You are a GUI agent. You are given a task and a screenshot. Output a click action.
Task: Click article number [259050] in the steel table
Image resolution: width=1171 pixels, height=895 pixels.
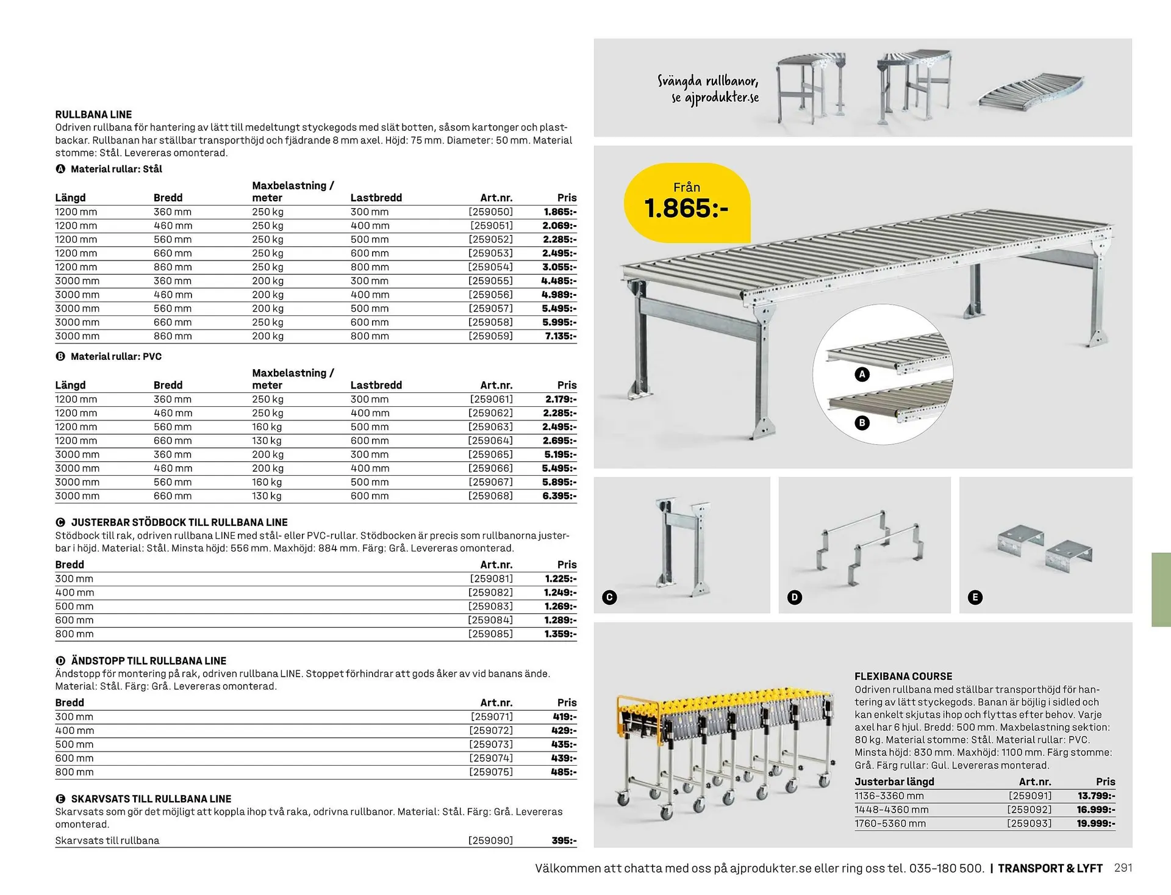tap(490, 212)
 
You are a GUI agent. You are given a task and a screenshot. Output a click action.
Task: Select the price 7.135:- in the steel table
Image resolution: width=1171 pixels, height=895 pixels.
tap(560, 336)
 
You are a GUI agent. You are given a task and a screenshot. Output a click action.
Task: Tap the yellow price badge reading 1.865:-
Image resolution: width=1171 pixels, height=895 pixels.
tap(686, 202)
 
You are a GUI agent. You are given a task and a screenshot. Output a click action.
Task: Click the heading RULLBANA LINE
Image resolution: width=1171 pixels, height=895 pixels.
tap(93, 115)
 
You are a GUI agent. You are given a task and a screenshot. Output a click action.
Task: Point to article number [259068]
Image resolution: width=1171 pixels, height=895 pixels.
tap(490, 496)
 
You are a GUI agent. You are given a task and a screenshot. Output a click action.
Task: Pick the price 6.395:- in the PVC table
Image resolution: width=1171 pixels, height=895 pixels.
tap(559, 496)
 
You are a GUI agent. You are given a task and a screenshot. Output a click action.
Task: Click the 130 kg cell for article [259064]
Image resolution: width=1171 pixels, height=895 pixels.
tap(267, 440)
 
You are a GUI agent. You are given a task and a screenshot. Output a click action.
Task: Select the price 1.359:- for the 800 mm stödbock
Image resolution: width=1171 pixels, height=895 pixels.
tap(560, 634)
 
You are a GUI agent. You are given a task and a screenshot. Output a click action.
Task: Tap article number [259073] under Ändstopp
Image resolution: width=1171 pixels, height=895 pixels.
tap(491, 744)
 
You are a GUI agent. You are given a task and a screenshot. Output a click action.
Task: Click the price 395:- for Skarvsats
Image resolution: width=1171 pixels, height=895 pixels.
tap(564, 841)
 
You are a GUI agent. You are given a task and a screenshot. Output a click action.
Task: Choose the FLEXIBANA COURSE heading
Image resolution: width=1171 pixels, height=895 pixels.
tap(903, 677)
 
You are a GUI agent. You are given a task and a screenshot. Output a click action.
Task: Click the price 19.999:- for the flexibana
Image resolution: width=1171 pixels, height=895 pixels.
tap(1096, 824)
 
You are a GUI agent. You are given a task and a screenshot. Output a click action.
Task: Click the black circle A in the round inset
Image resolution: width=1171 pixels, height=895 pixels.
tap(862, 375)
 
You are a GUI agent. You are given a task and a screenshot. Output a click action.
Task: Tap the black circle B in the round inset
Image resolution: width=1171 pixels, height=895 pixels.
tap(862, 423)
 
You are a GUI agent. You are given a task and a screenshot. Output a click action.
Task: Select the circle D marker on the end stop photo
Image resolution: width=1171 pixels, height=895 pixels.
tap(794, 597)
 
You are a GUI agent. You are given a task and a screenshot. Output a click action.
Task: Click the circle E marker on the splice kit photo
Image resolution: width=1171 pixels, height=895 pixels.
tap(975, 597)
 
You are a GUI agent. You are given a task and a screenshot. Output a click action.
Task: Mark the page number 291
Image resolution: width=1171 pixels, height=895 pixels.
tap(1123, 868)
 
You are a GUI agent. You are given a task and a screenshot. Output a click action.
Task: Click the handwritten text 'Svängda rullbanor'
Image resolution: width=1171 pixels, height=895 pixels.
tap(707, 81)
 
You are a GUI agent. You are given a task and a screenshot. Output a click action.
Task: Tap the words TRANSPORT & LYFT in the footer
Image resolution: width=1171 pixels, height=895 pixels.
tap(1050, 868)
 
